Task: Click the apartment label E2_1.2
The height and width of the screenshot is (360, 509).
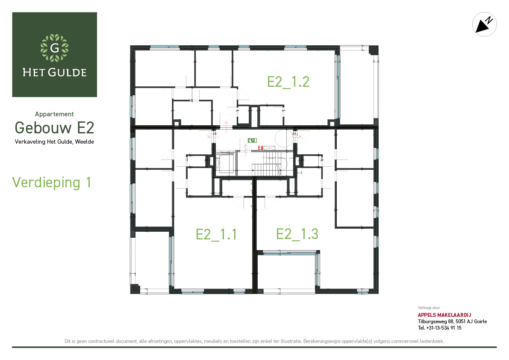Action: pos(288,82)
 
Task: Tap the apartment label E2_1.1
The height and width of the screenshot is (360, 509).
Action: pos(216,234)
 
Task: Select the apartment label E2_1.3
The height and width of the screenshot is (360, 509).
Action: pos(297,234)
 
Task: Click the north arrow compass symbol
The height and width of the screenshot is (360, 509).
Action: pos(484,24)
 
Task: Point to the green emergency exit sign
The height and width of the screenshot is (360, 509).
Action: pos(252,140)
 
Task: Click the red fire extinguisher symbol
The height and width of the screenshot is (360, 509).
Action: pos(260,148)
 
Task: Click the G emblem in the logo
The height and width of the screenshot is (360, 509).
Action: pos(55,48)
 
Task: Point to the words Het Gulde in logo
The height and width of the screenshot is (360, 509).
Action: pos(55,72)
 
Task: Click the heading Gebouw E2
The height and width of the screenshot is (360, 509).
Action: pos(55,127)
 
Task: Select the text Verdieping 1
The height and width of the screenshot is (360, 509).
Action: pos(51,183)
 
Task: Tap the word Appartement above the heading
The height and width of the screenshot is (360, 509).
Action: pos(54,114)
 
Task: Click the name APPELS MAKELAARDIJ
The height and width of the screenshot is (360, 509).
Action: pos(444,315)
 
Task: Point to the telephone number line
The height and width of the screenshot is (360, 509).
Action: pos(439,328)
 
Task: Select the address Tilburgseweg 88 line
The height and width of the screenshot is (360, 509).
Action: pos(452,322)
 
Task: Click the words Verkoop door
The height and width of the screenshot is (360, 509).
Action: pos(429,308)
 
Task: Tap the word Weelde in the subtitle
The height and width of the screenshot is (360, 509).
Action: pos(84,142)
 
